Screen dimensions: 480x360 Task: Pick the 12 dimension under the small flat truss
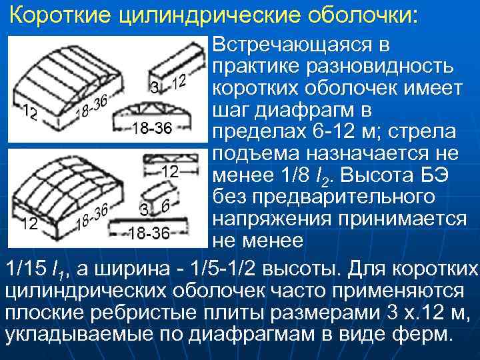(170, 172)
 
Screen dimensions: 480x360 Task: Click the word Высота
(386, 175)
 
